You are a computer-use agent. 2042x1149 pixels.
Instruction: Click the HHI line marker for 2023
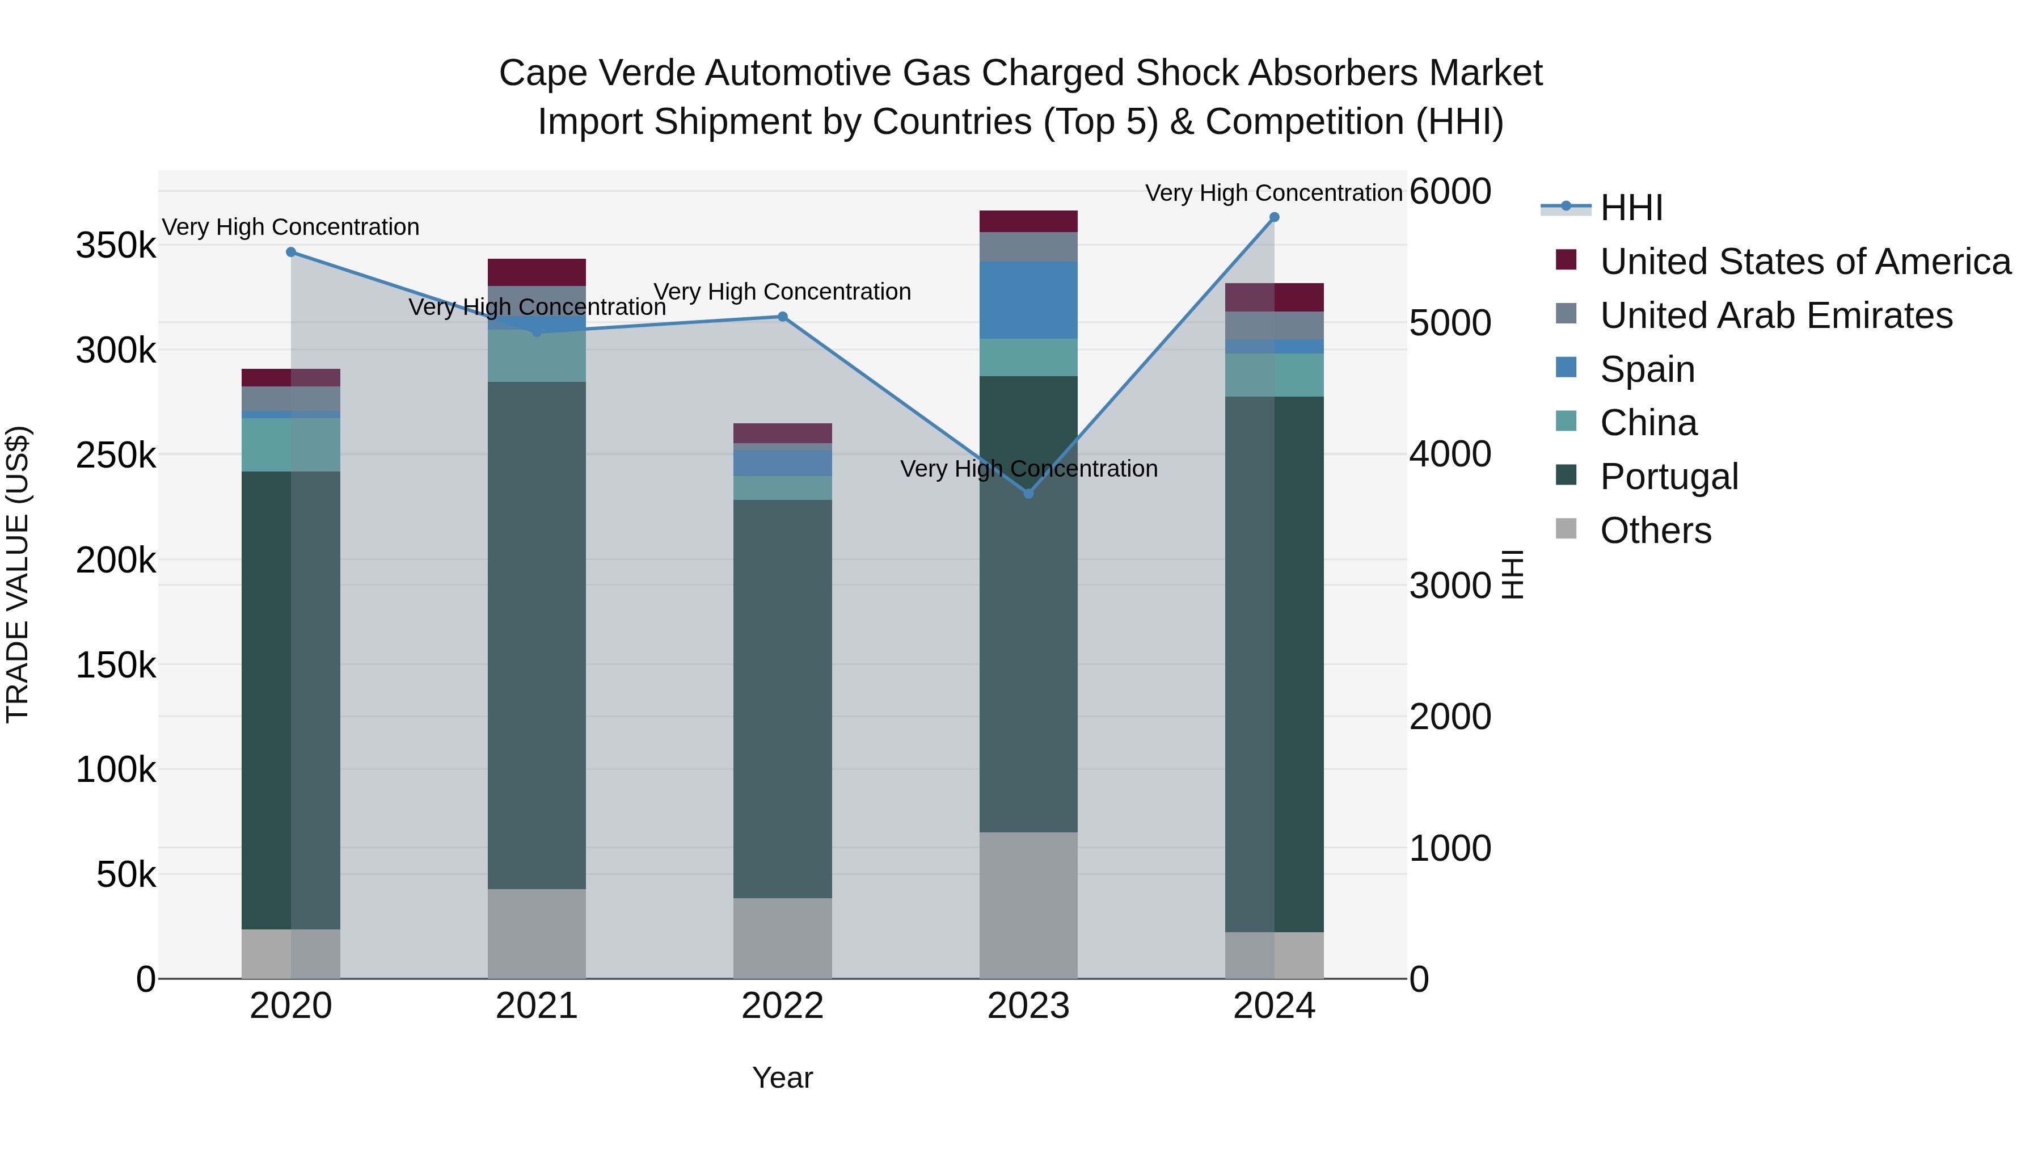pyautogui.click(x=1028, y=493)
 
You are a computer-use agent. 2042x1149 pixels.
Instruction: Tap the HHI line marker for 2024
pyautogui.click(x=1274, y=217)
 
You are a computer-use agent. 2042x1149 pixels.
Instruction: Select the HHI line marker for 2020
pyautogui.click(x=291, y=252)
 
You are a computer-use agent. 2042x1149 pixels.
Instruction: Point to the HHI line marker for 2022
pyautogui.click(x=782, y=317)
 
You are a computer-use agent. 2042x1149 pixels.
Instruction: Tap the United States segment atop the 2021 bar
pyautogui.click(x=537, y=272)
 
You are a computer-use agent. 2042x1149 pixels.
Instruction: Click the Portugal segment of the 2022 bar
pyautogui.click(x=782, y=698)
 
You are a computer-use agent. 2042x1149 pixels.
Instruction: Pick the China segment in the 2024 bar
pyautogui.click(x=1274, y=374)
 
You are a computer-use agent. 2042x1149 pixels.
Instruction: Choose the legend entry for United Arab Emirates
pyautogui.click(x=1775, y=315)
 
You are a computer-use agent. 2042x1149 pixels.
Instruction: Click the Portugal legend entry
pyautogui.click(x=1669, y=477)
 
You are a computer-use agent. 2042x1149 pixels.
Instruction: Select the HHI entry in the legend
pyautogui.click(x=1631, y=208)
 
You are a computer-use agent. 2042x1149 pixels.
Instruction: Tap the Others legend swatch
pyautogui.click(x=1566, y=529)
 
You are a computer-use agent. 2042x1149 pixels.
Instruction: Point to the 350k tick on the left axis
pyautogui.click(x=116, y=246)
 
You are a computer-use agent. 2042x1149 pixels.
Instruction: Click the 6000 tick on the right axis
pyautogui.click(x=1450, y=191)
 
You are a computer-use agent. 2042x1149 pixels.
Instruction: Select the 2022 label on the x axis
pyautogui.click(x=782, y=1006)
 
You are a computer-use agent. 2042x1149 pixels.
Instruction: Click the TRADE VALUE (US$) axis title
pyautogui.click(x=18, y=574)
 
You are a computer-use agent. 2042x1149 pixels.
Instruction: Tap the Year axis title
pyautogui.click(x=782, y=1078)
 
